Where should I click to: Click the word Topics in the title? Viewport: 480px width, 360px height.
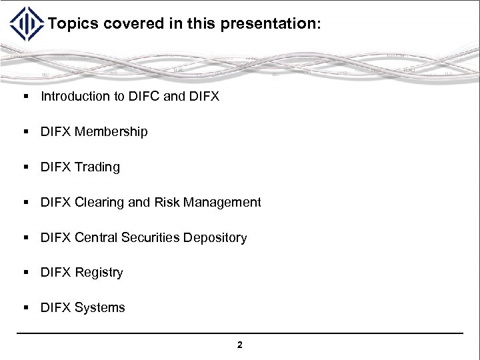(x=73, y=24)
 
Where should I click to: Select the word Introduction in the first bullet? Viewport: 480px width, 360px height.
(x=75, y=97)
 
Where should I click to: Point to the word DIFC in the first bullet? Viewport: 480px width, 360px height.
(x=145, y=97)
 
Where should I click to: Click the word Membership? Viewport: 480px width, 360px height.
(x=111, y=132)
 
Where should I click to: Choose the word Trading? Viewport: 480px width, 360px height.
(x=97, y=167)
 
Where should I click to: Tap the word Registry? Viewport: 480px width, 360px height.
(x=99, y=273)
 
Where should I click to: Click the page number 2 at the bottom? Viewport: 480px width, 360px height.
(x=240, y=345)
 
